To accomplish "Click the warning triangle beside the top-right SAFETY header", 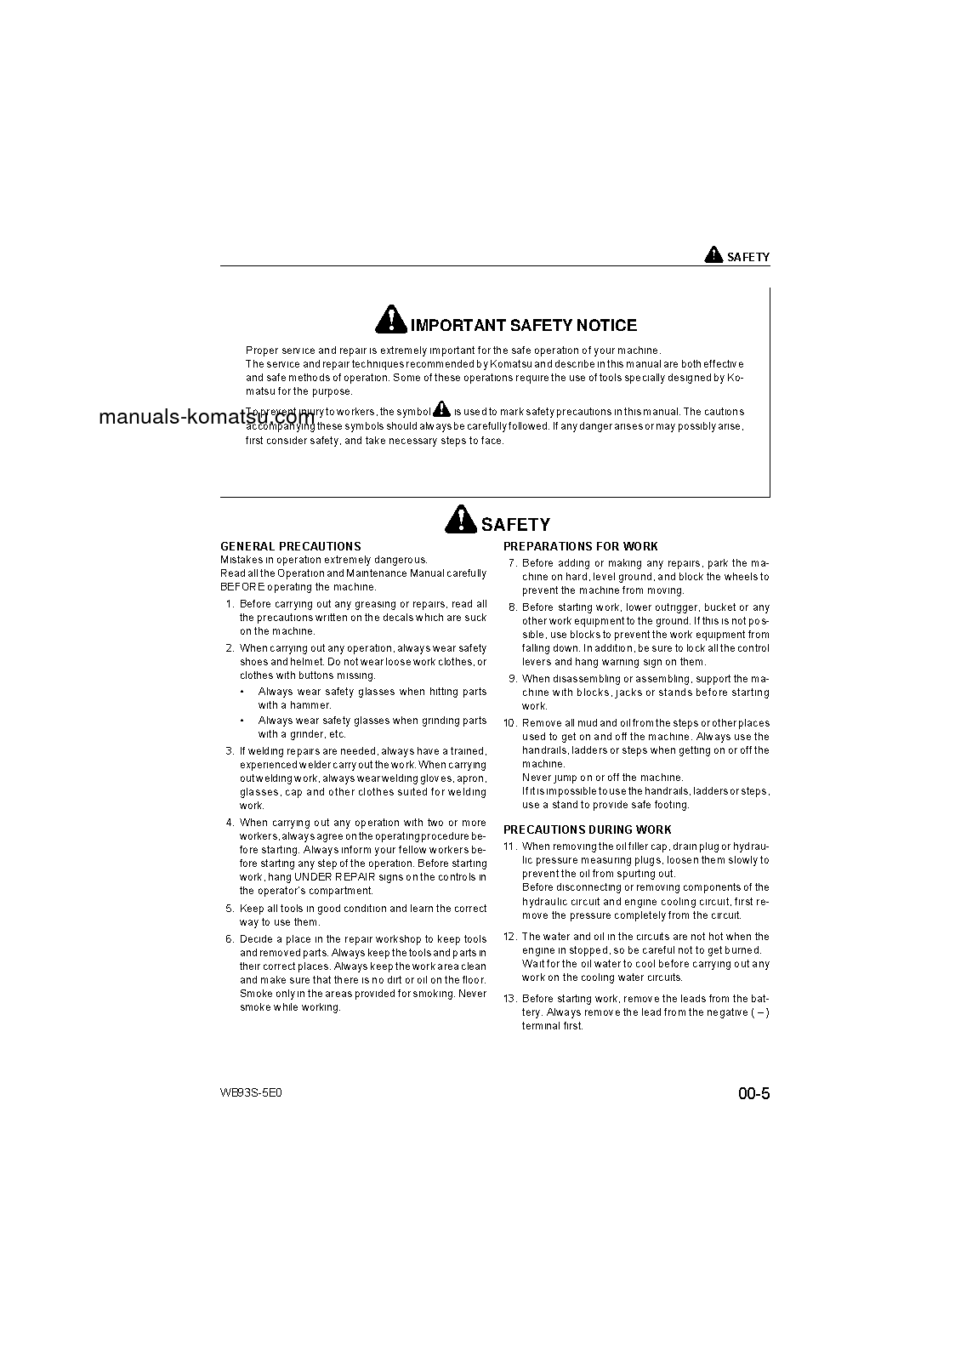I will click(x=713, y=254).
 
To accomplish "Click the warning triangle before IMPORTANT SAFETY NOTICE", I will click(x=389, y=320).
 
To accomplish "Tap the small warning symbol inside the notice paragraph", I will click(x=441, y=409).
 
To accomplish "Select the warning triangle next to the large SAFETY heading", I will click(x=460, y=519).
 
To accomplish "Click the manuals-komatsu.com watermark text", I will click(x=207, y=417).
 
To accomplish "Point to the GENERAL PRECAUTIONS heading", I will click(x=290, y=546).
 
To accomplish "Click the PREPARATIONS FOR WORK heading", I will click(x=580, y=546).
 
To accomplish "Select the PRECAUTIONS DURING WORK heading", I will click(x=587, y=829).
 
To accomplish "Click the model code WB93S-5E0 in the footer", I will click(x=251, y=1092).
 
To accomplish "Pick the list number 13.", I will click(x=510, y=999).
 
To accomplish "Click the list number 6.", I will click(x=230, y=939).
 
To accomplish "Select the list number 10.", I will click(x=510, y=723).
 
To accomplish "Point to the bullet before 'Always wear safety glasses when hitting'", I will click(x=243, y=693).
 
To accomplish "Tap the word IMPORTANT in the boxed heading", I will click(x=458, y=325).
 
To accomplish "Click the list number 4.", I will click(x=230, y=823).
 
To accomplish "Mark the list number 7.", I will click(x=513, y=563).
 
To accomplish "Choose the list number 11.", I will click(x=510, y=847).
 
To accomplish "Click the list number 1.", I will click(x=230, y=604).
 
